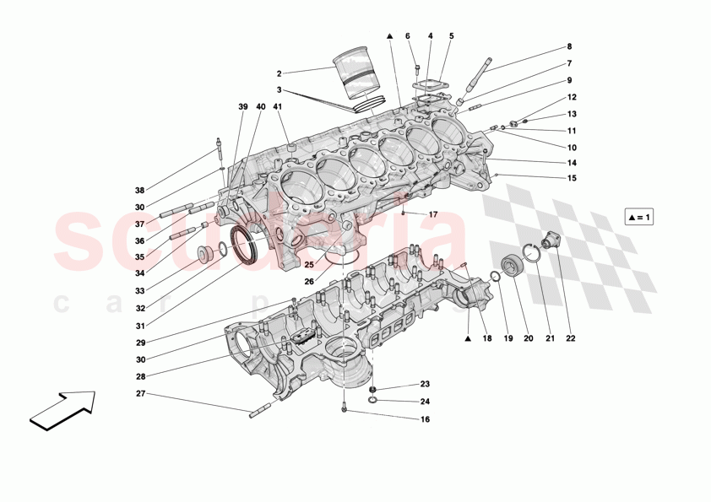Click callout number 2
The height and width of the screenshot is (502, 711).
[x=280, y=73]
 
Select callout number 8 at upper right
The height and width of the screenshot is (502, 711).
[x=568, y=46]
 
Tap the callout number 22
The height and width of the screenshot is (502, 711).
[x=571, y=339]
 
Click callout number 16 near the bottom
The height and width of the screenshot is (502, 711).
[x=425, y=419]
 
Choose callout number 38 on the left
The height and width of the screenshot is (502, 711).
[x=139, y=191]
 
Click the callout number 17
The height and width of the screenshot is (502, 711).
[x=433, y=214]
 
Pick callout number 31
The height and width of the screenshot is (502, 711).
[x=140, y=327]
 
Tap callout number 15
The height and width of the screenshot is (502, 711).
[x=572, y=177]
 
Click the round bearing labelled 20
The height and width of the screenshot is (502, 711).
[x=513, y=266]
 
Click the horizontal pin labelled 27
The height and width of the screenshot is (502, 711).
[x=259, y=412]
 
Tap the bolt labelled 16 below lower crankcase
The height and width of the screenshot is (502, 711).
[x=345, y=410]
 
